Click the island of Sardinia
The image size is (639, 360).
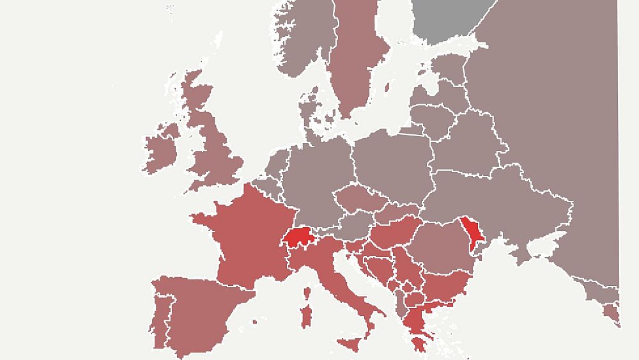[x=308, y=317]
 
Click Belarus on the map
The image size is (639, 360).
[x=466, y=144]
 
